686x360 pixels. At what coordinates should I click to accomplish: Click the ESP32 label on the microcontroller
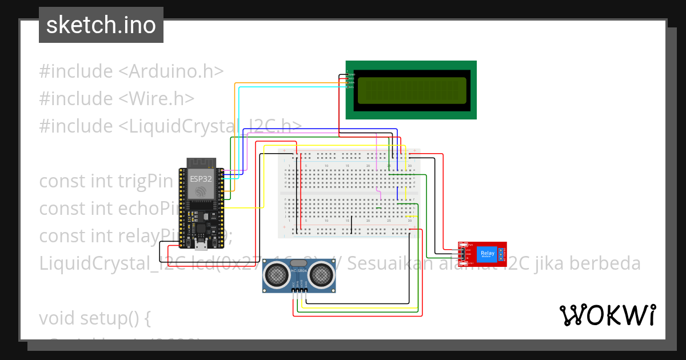201,178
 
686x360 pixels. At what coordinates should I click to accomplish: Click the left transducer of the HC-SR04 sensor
276,274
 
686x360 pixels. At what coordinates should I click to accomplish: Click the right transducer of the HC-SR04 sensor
322,274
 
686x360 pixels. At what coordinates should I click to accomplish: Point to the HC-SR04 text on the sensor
299,270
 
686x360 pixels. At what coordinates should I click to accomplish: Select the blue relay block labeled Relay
488,254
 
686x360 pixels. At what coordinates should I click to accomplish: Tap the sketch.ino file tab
101,25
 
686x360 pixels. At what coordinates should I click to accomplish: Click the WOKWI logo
607,315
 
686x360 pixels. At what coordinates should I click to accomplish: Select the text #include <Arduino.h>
131,71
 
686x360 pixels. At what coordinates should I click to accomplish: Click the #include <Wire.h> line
117,98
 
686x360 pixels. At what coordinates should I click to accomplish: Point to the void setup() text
94,317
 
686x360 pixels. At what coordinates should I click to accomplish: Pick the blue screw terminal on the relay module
501,254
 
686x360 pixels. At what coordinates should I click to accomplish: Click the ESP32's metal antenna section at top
201,162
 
